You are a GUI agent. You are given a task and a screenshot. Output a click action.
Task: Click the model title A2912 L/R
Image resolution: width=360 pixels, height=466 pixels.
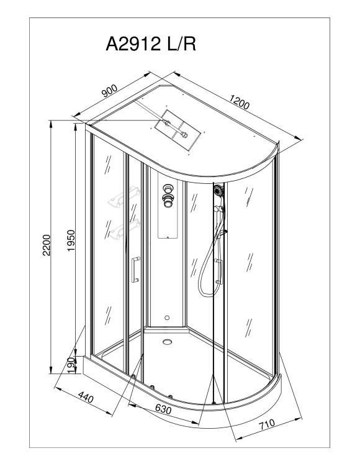click(x=151, y=44)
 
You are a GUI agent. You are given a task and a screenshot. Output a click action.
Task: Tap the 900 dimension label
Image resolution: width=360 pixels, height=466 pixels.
click(x=109, y=91)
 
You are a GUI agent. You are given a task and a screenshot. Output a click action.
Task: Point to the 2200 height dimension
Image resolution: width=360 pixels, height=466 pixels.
click(x=47, y=245)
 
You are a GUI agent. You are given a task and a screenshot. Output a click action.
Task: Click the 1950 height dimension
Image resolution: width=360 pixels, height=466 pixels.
click(x=71, y=240)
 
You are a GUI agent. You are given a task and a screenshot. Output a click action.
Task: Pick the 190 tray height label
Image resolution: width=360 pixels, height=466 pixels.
click(x=71, y=365)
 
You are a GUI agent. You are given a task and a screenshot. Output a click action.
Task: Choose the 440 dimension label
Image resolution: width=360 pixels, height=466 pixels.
click(x=86, y=397)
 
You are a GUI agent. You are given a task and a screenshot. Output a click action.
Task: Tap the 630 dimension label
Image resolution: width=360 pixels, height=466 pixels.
click(x=163, y=409)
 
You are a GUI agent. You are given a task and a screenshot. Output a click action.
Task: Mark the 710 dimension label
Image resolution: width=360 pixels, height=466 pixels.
click(x=267, y=424)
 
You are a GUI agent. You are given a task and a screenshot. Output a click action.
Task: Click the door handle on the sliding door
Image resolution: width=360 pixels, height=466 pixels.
click(x=135, y=270)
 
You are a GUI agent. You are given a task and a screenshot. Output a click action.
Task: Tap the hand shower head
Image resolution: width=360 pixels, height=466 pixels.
click(x=218, y=190)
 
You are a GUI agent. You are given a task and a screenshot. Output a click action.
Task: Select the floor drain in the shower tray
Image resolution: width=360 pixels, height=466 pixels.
click(x=168, y=342)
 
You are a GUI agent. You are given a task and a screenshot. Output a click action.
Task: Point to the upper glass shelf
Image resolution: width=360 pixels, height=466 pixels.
click(x=124, y=196)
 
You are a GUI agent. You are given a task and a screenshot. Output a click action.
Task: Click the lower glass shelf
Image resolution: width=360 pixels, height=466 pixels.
click(x=124, y=229)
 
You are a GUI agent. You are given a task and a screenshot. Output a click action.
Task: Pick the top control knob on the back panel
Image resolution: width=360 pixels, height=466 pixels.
click(x=167, y=188)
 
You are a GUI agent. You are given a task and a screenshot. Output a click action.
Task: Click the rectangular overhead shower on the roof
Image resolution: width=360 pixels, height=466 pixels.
click(x=178, y=130)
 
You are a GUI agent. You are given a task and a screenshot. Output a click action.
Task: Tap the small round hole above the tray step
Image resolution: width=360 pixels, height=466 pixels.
click(x=167, y=318)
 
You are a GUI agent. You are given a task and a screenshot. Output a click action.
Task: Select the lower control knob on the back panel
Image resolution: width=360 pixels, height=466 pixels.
click(x=167, y=200)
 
